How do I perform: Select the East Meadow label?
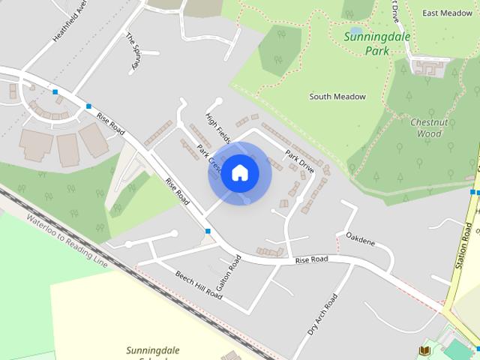coord(446,13)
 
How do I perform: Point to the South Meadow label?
coord(337,97)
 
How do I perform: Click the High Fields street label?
coord(217,127)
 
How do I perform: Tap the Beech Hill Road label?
coord(199,284)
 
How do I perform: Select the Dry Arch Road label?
coord(322,314)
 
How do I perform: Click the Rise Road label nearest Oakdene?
coord(312,259)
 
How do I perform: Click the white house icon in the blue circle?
coord(239,173)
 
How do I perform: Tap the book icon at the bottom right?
coord(424,350)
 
